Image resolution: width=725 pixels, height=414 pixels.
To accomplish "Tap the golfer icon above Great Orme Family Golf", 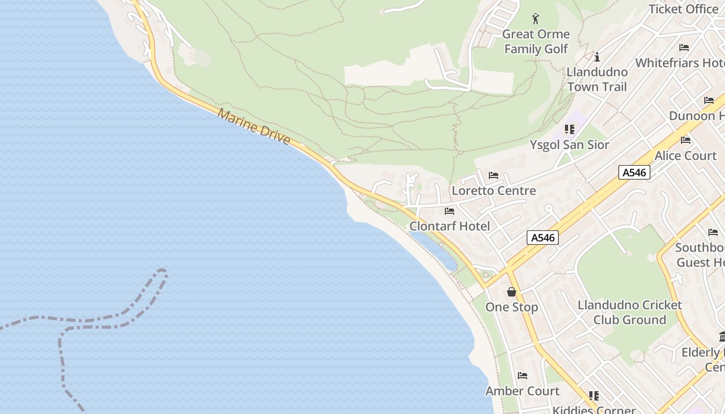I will click(535, 19).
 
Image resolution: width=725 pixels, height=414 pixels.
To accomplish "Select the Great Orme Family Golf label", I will click(536, 41).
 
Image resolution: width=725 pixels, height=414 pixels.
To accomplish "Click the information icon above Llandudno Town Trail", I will click(597, 56).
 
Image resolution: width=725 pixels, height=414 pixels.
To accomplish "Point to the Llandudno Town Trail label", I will click(597, 79).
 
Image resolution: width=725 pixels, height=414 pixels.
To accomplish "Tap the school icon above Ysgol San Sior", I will click(570, 129).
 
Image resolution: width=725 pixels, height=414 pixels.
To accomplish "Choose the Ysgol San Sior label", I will click(569, 144).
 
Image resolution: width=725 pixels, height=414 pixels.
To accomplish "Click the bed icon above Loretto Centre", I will click(493, 175).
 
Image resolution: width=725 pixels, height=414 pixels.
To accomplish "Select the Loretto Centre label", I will click(494, 190).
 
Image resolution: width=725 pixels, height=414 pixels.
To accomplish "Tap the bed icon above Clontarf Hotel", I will click(450, 211).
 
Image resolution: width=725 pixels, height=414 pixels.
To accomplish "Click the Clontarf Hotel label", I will click(450, 226).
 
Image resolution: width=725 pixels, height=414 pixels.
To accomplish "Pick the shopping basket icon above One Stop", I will click(512, 292).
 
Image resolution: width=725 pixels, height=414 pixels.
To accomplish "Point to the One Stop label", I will click(512, 307).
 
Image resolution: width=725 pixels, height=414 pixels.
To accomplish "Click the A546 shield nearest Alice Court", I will click(634, 172).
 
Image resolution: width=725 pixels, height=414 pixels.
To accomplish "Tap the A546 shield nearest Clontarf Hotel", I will click(543, 238).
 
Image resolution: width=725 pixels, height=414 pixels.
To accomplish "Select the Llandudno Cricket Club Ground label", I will click(630, 312).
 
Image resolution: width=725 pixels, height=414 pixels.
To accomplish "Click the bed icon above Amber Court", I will click(523, 376).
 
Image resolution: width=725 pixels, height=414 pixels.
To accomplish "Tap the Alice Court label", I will click(685, 155).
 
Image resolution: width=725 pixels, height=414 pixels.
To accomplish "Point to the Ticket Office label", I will click(683, 9).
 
